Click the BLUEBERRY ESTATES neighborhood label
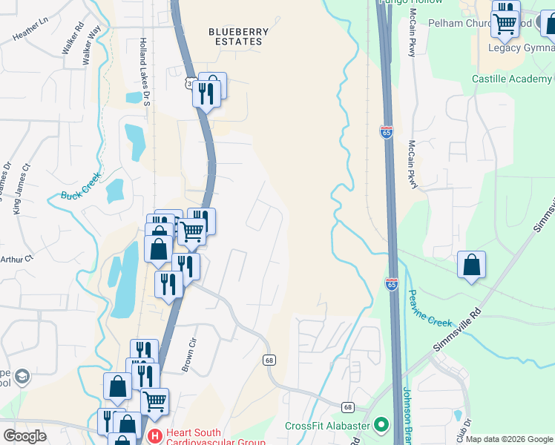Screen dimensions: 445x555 coord(235,36)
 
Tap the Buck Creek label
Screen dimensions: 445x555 coord(79,195)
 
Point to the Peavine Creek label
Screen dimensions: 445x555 coord(429,308)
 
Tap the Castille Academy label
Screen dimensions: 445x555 coord(511,79)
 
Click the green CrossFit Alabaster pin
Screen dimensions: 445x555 coord(381,425)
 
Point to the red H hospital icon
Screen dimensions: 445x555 coord(155,434)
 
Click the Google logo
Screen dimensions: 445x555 coord(24,435)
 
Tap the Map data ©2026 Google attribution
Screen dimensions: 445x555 coord(508,439)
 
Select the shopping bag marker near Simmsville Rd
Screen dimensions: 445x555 coord(471,265)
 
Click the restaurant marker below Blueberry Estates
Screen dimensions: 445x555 coord(206,94)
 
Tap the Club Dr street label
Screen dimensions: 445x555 coord(464,430)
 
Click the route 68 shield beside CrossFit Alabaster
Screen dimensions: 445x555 coord(348,407)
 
